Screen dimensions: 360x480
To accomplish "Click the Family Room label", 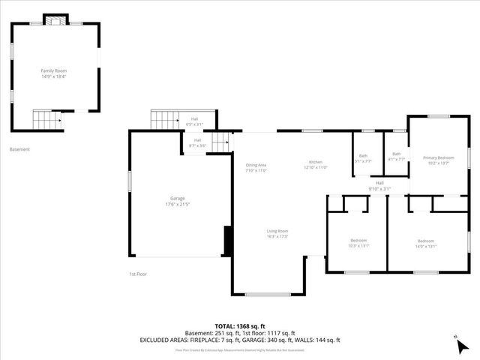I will tap(53, 73).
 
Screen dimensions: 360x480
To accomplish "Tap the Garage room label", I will tap(177, 201).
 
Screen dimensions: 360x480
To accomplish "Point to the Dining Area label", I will tap(256, 167).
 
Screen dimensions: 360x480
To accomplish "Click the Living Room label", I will tap(277, 233).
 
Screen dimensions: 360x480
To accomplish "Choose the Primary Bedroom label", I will tap(438, 160).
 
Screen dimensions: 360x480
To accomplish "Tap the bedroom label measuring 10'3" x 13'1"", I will tap(358, 243).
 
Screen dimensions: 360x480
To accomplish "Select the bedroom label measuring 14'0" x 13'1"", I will tap(426, 243).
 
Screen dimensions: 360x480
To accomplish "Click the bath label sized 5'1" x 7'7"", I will tap(363, 157).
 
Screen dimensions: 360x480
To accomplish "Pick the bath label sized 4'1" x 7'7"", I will tap(396, 157).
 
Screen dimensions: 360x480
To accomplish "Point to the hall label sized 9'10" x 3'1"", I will tap(379, 185).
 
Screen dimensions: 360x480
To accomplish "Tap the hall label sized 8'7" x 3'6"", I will tap(197, 142).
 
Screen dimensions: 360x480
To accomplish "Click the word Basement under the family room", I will tap(19, 149).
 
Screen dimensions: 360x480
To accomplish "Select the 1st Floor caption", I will tap(137, 274).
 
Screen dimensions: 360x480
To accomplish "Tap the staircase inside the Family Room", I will tap(47, 118).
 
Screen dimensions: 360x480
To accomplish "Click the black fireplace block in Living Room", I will tap(227, 241).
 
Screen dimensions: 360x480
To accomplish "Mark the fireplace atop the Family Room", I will tap(53, 20).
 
